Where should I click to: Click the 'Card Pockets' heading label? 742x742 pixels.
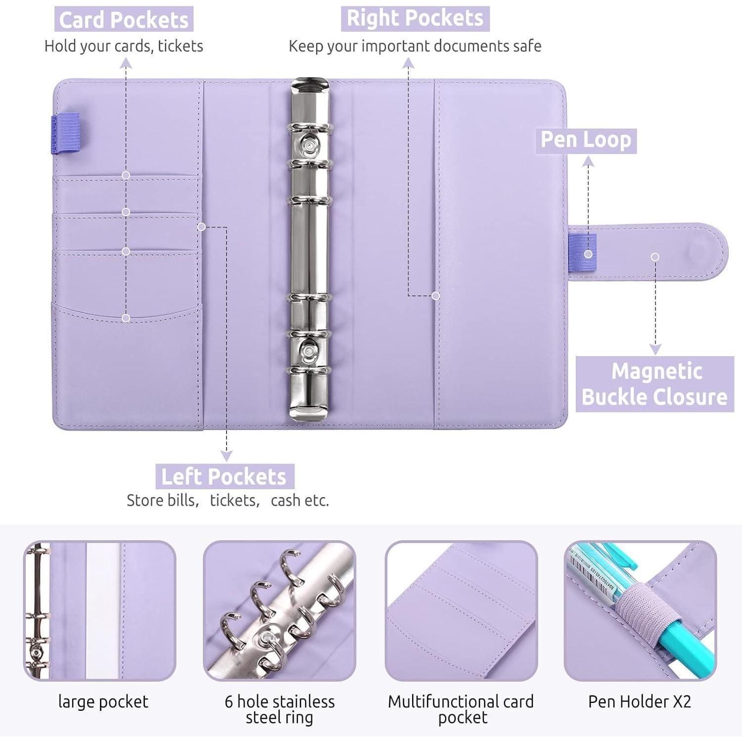coord(124,20)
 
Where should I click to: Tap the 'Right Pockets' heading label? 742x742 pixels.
coord(415,18)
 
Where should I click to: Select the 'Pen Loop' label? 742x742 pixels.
coord(586,140)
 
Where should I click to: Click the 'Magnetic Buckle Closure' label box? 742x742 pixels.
coord(655,384)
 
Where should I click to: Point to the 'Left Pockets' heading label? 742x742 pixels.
coord(225,477)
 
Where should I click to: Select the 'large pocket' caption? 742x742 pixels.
coord(103,702)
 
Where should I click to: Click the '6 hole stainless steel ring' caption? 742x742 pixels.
coord(279,709)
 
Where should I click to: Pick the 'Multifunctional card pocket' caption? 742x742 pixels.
coord(461,709)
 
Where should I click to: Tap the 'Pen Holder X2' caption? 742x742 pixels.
coord(640,701)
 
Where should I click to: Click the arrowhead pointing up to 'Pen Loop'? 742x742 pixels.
coord(588,161)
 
